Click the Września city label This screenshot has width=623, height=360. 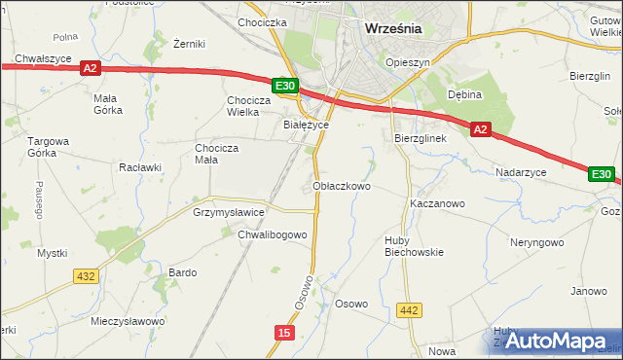[x=392, y=28]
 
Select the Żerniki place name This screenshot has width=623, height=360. [x=188, y=44]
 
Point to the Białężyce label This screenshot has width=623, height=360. [x=306, y=125]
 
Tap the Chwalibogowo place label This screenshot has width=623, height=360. [x=273, y=234]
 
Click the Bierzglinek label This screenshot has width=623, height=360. [x=420, y=139]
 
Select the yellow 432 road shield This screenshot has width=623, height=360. [x=86, y=276]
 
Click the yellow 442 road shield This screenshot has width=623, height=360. [x=410, y=310]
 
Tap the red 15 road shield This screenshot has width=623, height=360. [x=283, y=333]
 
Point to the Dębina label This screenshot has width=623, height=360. [x=465, y=94]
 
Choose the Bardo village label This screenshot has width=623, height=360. [x=183, y=272]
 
